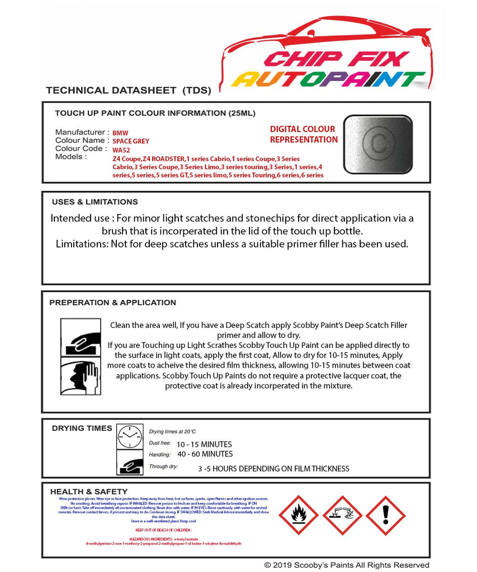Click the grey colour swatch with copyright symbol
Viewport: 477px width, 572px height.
tap(378, 144)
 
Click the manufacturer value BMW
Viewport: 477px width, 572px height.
tap(120, 134)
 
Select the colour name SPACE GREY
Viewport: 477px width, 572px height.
tap(131, 141)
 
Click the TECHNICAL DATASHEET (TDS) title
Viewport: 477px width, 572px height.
tap(128, 90)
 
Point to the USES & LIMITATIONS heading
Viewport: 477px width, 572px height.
tap(95, 202)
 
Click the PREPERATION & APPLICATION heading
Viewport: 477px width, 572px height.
tap(113, 302)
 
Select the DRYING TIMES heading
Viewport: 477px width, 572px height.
tap(82, 428)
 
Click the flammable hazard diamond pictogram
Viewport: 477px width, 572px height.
tap(298, 516)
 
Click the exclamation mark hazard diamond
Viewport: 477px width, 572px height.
tap(385, 516)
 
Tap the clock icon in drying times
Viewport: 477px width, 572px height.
tap(130, 436)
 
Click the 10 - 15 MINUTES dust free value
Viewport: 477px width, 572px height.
tap(204, 444)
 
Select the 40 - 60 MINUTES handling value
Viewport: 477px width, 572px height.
tap(205, 454)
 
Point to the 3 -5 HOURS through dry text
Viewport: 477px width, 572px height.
tap(273, 469)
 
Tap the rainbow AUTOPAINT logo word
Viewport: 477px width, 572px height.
tap(328, 80)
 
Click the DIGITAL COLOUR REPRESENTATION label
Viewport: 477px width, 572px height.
tap(304, 134)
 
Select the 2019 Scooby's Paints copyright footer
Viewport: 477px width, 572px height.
tap(347, 565)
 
